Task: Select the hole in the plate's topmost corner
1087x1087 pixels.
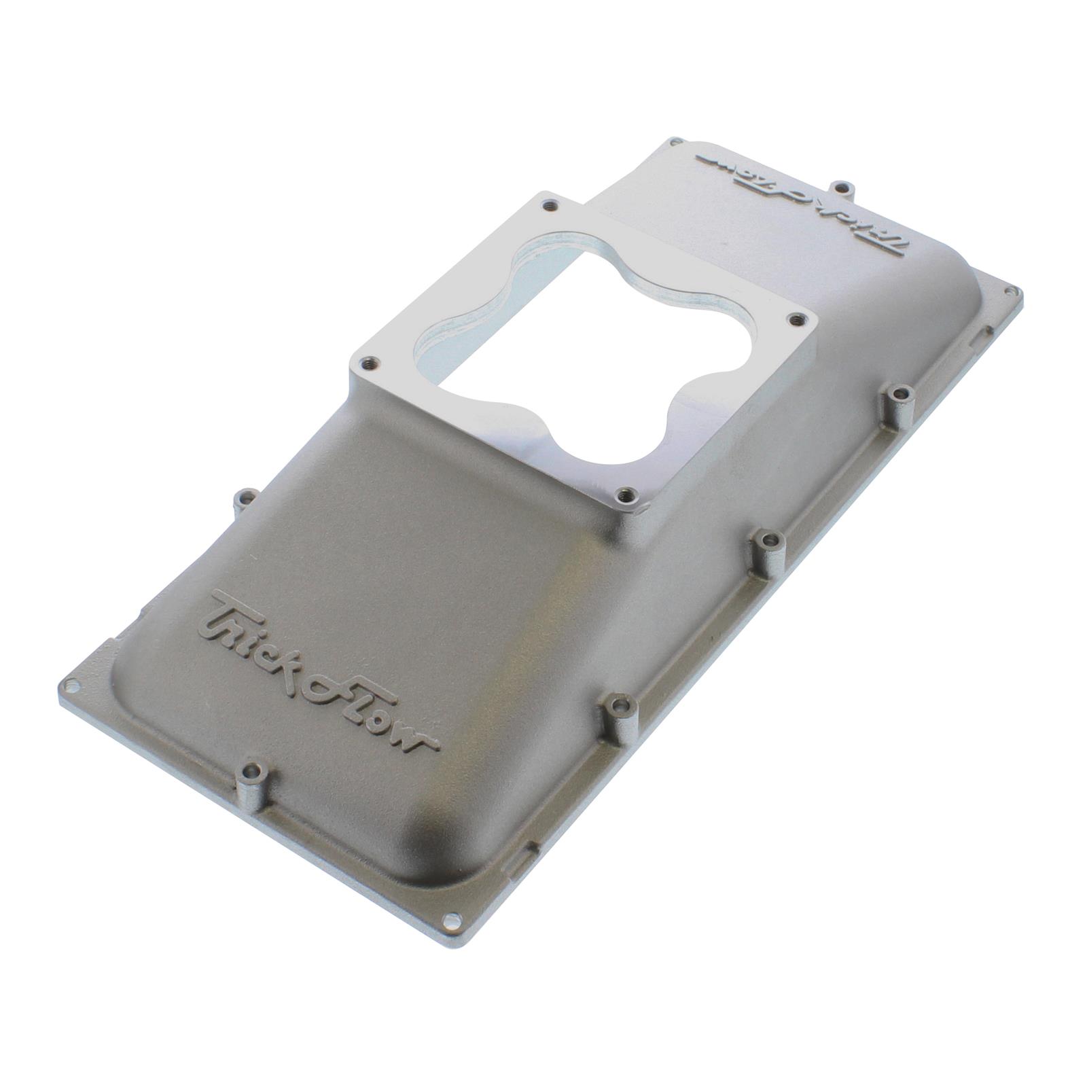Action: click(675, 143)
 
